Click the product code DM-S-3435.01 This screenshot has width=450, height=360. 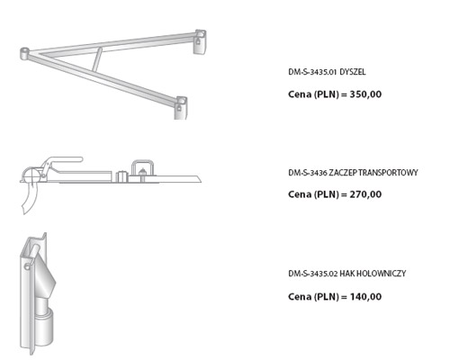(x=312, y=72)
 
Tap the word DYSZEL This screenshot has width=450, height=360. (x=353, y=72)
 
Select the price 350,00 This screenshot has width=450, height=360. (x=365, y=94)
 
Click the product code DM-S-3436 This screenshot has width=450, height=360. (x=308, y=173)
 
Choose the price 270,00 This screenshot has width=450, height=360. (x=365, y=194)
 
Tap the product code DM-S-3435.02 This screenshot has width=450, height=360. (x=313, y=274)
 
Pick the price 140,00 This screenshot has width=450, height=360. (x=365, y=297)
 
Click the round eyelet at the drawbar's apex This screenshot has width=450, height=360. (x=24, y=53)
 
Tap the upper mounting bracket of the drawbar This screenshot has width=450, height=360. (x=201, y=42)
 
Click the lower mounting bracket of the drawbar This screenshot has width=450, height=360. (x=181, y=108)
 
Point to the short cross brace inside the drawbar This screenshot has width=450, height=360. (x=97, y=59)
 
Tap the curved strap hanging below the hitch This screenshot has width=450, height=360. (x=31, y=198)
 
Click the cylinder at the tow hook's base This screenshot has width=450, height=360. (x=45, y=327)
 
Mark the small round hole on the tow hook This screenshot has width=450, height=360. (x=27, y=266)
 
